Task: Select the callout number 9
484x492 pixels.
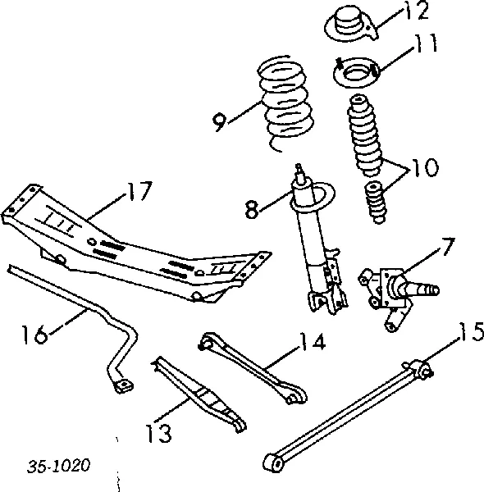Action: pos(218,122)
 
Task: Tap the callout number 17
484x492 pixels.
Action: pos(139,193)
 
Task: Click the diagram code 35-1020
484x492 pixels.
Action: pos(58,465)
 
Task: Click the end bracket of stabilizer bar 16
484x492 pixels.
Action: pos(123,382)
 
